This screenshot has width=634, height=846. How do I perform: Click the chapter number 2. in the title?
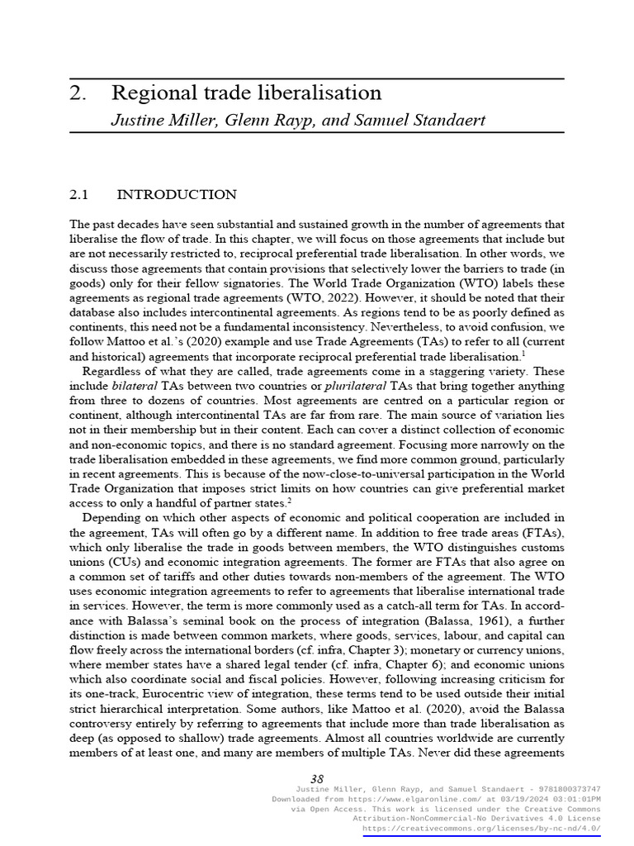(x=78, y=93)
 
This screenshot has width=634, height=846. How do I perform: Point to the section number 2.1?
(x=78, y=195)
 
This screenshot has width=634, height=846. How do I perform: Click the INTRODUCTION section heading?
(x=177, y=195)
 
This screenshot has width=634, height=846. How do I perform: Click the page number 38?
(x=316, y=779)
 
